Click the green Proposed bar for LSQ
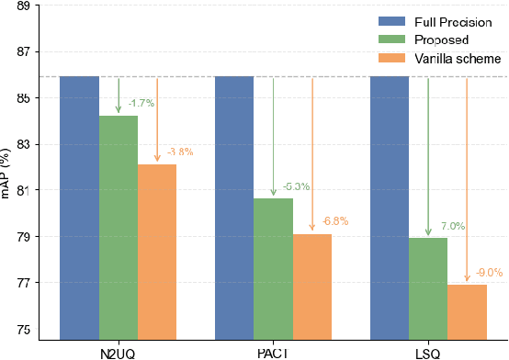428,289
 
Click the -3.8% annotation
179,152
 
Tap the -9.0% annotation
490,273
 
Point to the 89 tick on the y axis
23,6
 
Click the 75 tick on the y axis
23,330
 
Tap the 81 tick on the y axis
23,191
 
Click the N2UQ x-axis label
119,352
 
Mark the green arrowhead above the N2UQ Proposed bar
119,110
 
